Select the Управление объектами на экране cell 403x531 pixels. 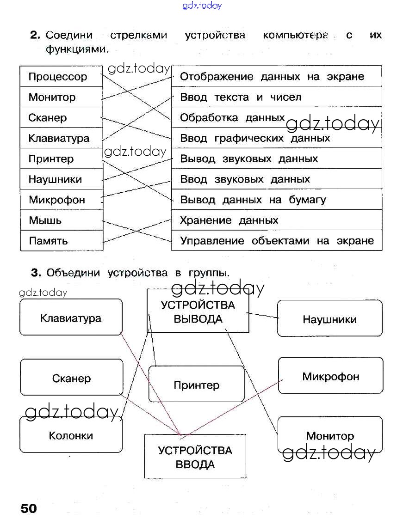(276, 241)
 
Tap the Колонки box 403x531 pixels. (71, 435)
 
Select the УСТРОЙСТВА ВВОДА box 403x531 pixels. (195, 457)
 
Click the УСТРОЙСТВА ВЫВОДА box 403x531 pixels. (198, 311)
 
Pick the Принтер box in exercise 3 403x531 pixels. (196, 385)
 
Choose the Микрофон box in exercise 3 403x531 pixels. (330, 376)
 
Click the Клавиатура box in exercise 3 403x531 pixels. (71, 317)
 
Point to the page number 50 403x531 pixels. (29, 508)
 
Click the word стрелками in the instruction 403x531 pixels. (138, 36)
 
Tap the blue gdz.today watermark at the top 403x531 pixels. (202, 6)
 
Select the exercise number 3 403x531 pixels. (36, 273)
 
